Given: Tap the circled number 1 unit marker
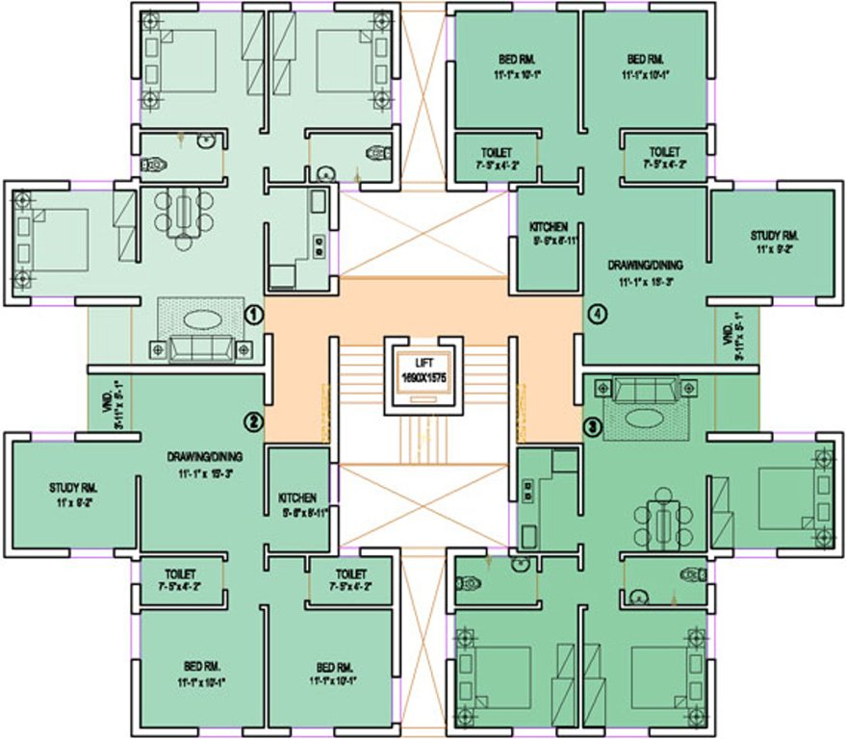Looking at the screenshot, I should coord(254,314).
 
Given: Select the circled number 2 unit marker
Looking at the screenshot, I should coord(254,421).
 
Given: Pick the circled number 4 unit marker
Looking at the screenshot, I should coord(597,314).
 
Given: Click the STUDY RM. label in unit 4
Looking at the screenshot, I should coord(775,235).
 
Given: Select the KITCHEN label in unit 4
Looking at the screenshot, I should coord(548,226).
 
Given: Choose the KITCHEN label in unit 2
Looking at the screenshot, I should coord(297,497).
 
